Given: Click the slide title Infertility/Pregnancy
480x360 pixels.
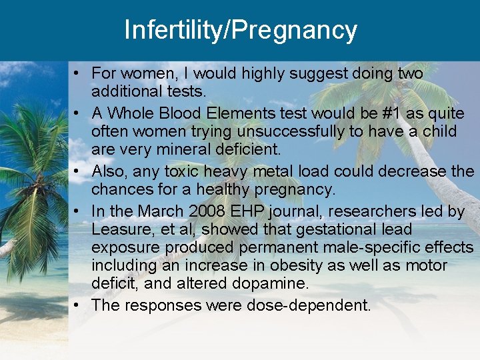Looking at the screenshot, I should coord(240,30).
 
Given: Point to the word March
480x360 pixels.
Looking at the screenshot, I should coord(158,211).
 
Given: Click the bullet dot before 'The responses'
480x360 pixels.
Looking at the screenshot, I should coord(78,305).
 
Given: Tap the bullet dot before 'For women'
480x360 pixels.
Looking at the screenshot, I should coord(78,72).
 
